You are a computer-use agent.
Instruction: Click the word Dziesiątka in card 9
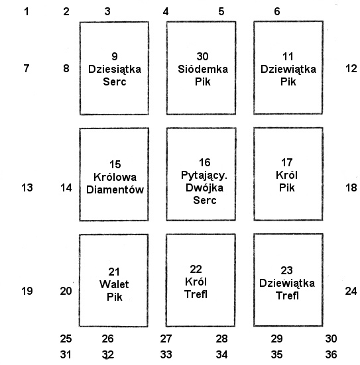click(x=115, y=70)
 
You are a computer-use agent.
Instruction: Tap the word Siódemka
click(x=203, y=69)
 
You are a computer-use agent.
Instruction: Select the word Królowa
click(x=115, y=177)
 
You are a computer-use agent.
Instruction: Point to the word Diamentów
click(x=115, y=189)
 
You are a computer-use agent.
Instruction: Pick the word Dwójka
click(x=204, y=188)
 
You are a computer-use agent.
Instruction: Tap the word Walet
click(x=114, y=284)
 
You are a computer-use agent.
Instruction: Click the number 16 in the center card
click(x=205, y=162)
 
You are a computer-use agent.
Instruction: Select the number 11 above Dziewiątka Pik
click(x=288, y=56)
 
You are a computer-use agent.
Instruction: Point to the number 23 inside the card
click(x=286, y=270)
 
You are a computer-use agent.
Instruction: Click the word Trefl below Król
click(x=196, y=295)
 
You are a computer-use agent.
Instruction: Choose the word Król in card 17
click(x=286, y=175)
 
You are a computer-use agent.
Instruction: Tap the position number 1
click(x=27, y=11)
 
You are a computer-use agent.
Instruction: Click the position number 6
click(x=277, y=11)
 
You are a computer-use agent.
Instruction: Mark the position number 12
click(x=351, y=68)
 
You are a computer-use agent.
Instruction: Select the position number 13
click(x=27, y=187)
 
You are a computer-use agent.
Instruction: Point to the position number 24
click(x=351, y=291)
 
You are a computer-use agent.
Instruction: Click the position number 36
click(x=331, y=354)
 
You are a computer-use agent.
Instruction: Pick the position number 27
click(x=166, y=339)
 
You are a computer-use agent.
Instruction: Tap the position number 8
click(x=66, y=68)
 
